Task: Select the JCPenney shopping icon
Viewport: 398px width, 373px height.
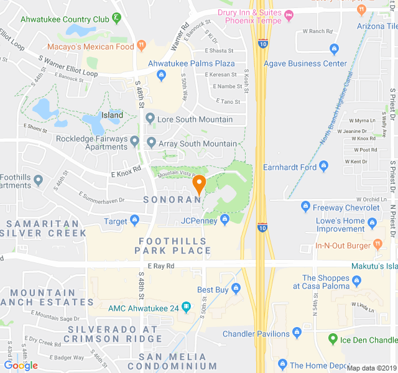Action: [226, 220]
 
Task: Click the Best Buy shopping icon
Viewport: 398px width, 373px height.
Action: [236, 288]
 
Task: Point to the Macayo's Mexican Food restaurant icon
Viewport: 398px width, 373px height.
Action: [142, 45]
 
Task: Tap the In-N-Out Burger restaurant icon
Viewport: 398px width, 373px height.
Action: [377, 244]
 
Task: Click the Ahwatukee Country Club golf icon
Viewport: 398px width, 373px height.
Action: [116, 19]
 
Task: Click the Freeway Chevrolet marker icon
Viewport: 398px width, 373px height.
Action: [305, 207]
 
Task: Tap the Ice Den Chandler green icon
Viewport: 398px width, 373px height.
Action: [333, 339]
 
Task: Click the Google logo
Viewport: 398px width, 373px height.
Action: [21, 366]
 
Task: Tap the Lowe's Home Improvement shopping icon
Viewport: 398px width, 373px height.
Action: [372, 223]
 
